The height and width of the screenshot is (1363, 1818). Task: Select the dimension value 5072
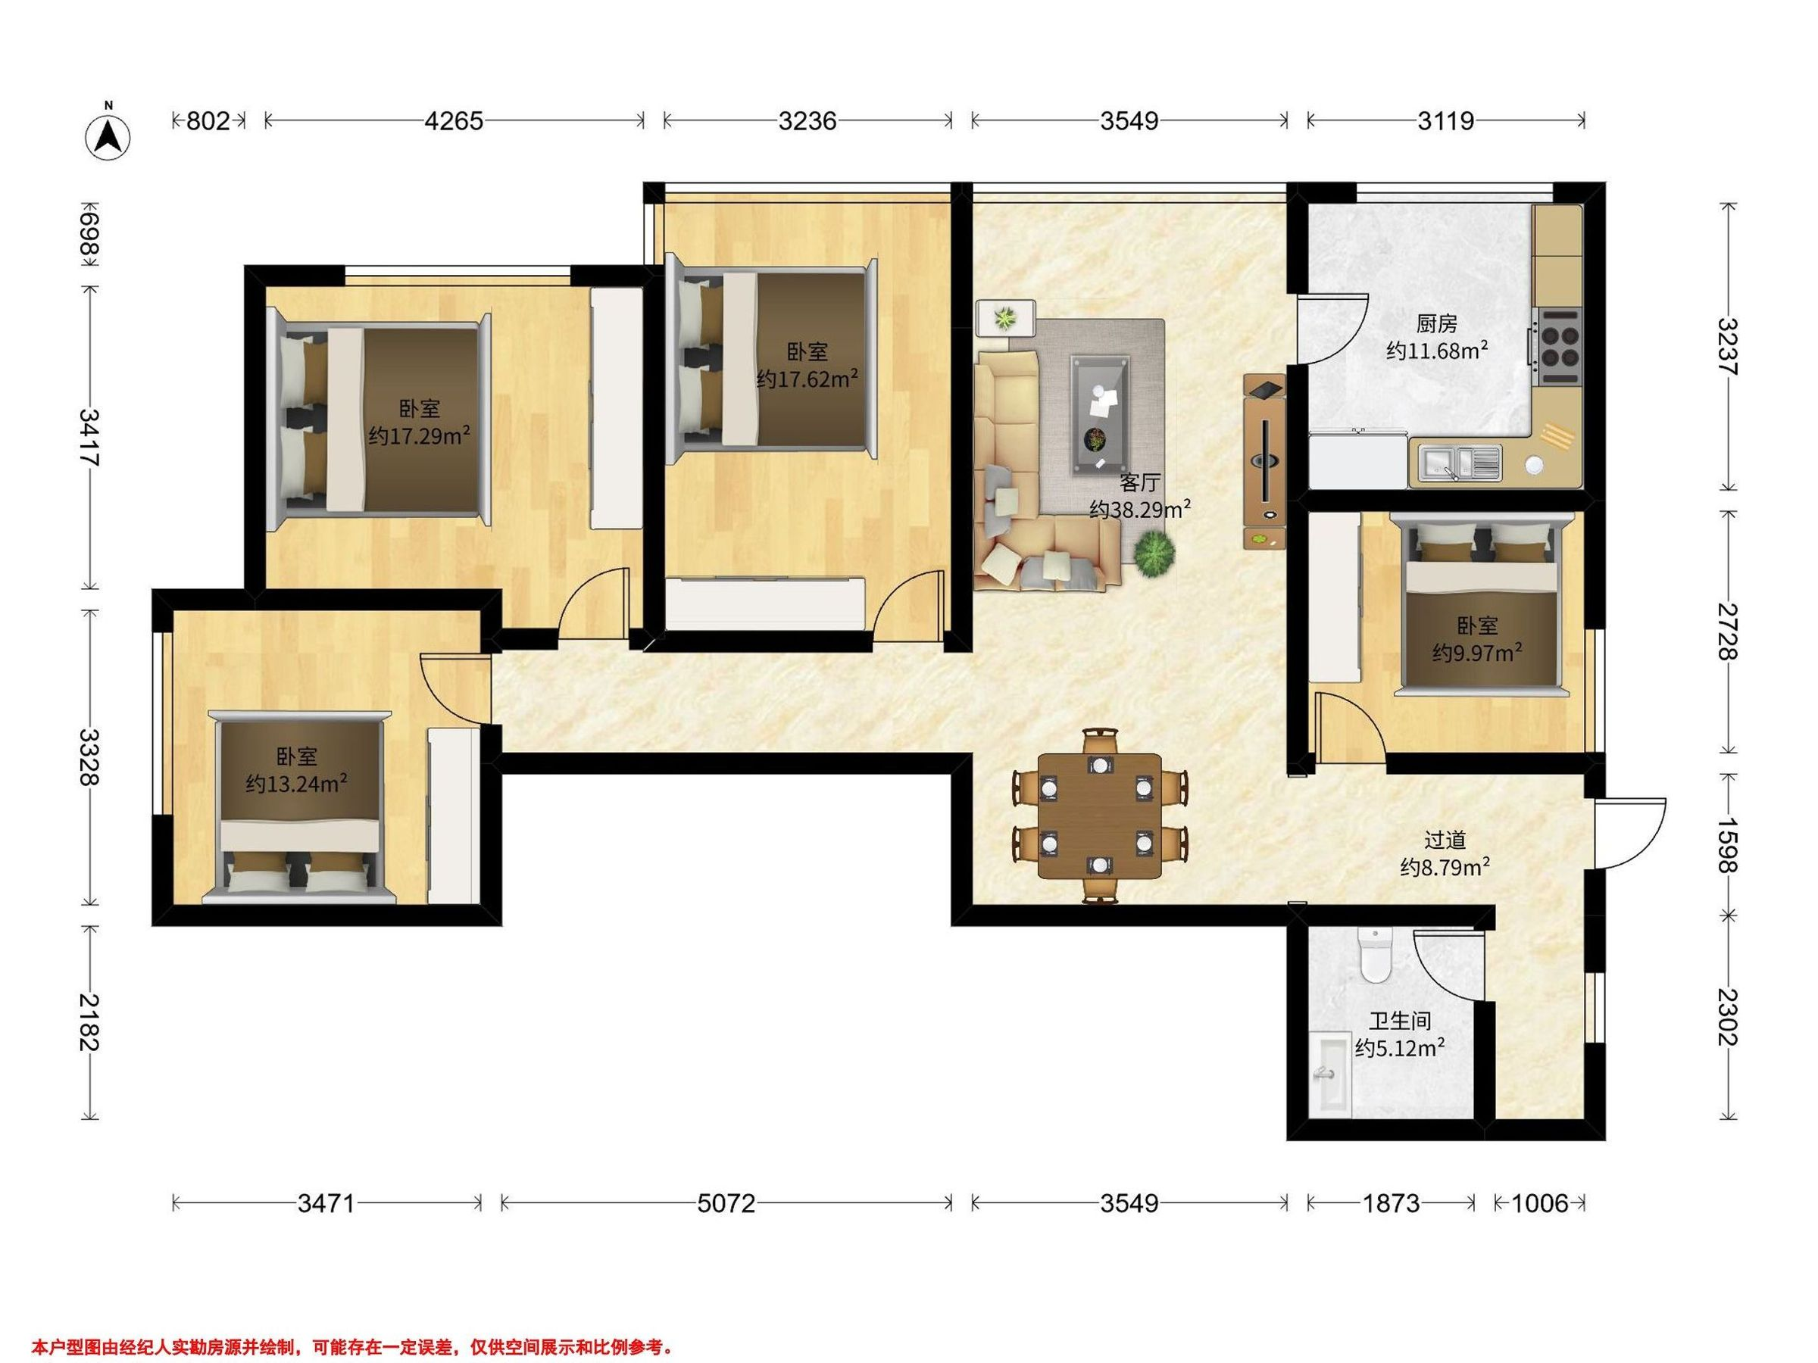(726, 1204)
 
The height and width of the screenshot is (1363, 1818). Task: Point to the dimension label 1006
(1540, 1204)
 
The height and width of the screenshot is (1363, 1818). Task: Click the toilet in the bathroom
(1373, 956)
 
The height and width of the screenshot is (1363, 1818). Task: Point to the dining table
(1100, 816)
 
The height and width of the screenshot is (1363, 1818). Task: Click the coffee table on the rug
(1100, 415)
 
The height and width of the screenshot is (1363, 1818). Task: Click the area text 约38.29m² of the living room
(1140, 510)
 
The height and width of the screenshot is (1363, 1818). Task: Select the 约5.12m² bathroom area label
(1400, 1048)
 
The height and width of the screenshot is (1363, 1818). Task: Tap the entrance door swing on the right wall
(1631, 833)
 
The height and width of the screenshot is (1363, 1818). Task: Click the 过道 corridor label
(1445, 840)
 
